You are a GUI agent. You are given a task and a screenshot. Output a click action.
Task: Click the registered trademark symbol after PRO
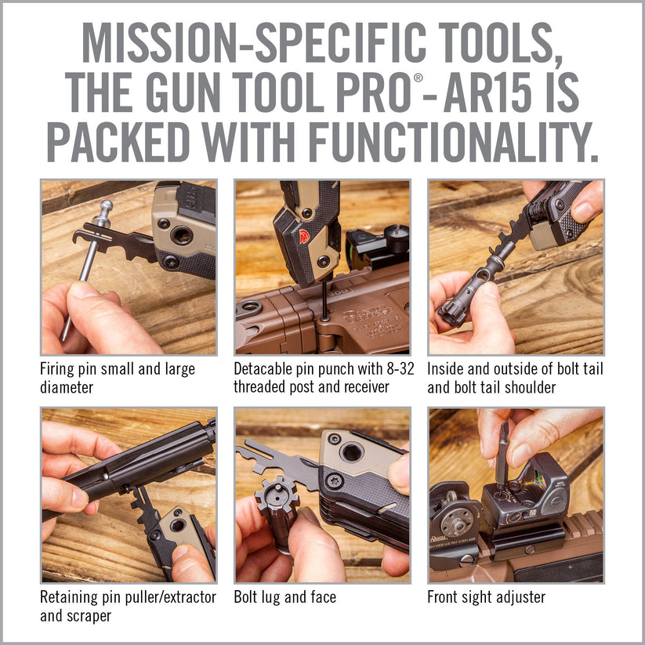tap(418, 78)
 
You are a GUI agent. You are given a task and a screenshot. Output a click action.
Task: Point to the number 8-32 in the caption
tap(400, 368)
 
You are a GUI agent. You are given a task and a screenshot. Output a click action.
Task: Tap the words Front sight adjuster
tap(486, 597)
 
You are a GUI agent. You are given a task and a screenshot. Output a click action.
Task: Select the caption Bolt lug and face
tap(284, 597)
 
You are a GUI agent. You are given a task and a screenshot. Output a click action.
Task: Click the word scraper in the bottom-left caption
tap(91, 616)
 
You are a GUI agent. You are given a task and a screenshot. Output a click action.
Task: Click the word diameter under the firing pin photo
tap(67, 387)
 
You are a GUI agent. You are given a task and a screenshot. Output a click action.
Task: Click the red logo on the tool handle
tap(304, 237)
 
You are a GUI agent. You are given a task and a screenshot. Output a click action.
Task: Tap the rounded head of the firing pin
tap(107, 205)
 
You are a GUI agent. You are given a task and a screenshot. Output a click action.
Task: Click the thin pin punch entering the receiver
tap(324, 301)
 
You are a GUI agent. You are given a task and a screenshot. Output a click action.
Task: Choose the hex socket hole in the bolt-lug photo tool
tap(352, 452)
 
